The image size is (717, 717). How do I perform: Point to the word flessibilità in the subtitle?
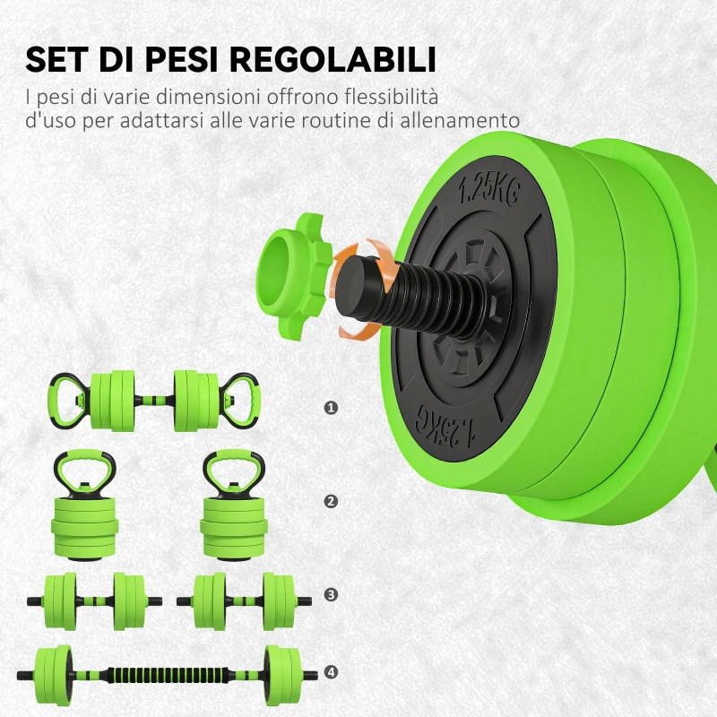(399, 96)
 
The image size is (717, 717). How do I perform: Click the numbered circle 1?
(332, 408)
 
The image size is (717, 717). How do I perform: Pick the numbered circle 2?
(332, 501)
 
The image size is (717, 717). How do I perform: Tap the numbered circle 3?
(332, 594)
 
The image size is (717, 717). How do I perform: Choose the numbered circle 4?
(332, 671)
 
